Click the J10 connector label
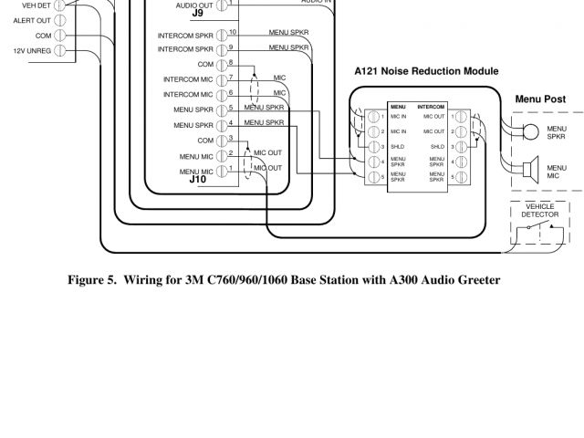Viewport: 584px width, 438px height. point(198,180)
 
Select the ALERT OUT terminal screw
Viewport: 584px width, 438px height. point(60,19)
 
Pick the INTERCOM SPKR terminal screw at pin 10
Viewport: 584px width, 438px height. point(222,34)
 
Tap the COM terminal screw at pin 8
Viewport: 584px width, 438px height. point(222,65)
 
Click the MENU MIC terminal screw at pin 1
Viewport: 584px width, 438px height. point(222,170)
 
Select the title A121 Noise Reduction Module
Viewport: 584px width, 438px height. point(427,70)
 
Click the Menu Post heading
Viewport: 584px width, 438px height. point(541,99)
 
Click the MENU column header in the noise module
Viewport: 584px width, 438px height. point(398,107)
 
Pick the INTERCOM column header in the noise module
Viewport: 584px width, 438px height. point(430,107)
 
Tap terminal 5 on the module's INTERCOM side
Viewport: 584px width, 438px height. point(460,175)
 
